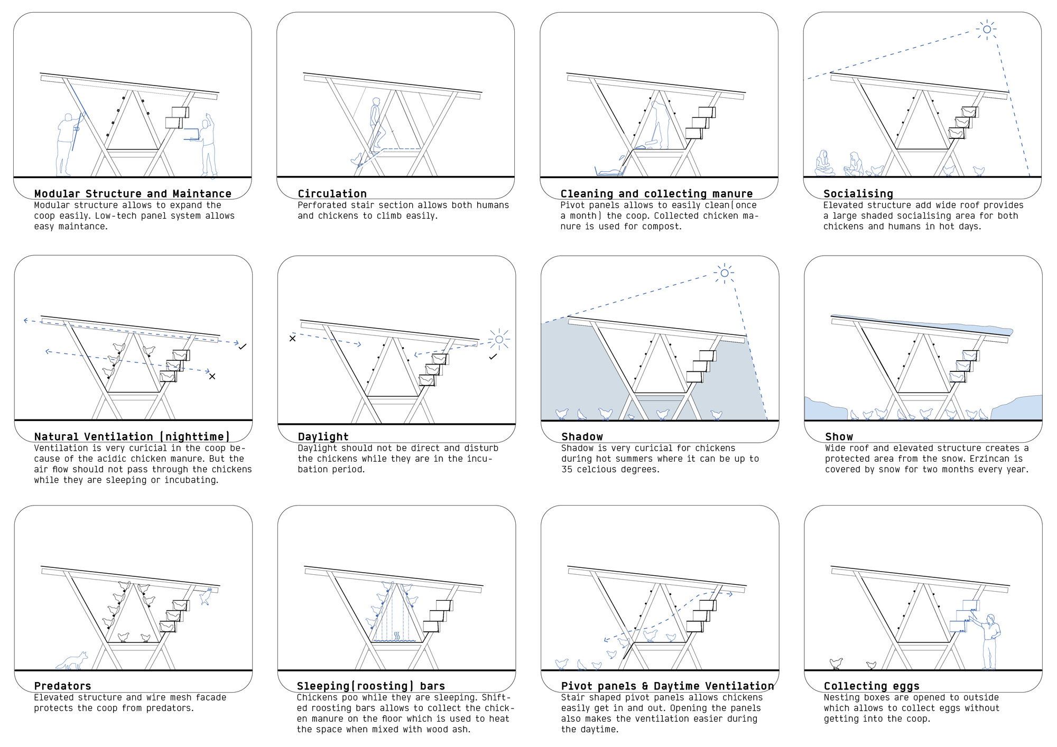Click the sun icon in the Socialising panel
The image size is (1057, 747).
coord(987,30)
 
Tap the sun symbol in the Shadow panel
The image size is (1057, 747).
coord(724,273)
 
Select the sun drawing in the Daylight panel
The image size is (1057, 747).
coord(499,339)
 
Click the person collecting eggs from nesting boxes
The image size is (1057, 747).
coord(987,641)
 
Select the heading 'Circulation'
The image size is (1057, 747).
coord(332,194)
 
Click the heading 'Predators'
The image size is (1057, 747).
coord(62,686)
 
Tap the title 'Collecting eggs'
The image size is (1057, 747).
coord(871,686)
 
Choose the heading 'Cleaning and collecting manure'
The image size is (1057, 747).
coord(656,194)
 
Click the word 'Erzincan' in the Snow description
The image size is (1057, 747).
coord(989,459)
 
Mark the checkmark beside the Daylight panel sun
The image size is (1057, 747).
coord(493,357)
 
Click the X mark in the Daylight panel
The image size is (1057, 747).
coord(292,338)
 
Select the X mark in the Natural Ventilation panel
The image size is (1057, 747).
coord(212,377)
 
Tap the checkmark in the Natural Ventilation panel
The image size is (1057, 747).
coord(242,347)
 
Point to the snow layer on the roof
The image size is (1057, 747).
coord(922,324)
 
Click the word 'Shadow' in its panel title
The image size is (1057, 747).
coord(582,437)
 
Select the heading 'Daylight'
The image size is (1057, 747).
coord(323,437)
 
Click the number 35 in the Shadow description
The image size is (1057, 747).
coord(567,469)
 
